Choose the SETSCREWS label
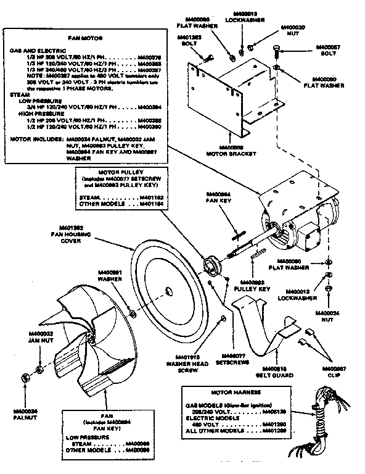233,360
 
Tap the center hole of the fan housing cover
169,290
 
